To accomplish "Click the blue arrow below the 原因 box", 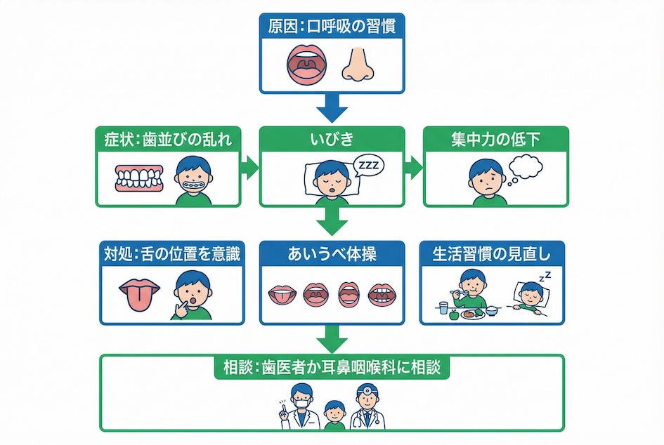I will pyautogui.click(x=332, y=109).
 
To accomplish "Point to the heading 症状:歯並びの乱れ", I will pyautogui.click(x=169, y=139).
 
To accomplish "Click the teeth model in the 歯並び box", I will pyautogui.click(x=138, y=180).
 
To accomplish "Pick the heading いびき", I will pyautogui.click(x=332, y=139).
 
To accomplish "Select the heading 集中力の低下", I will pyautogui.click(x=495, y=139).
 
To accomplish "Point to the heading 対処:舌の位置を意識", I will pyautogui.click(x=169, y=253).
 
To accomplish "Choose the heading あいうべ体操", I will pyautogui.click(x=332, y=253).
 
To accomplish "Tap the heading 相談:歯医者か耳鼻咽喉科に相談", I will pyautogui.click(x=332, y=367).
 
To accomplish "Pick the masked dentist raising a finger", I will pyautogui.click(x=301, y=408).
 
